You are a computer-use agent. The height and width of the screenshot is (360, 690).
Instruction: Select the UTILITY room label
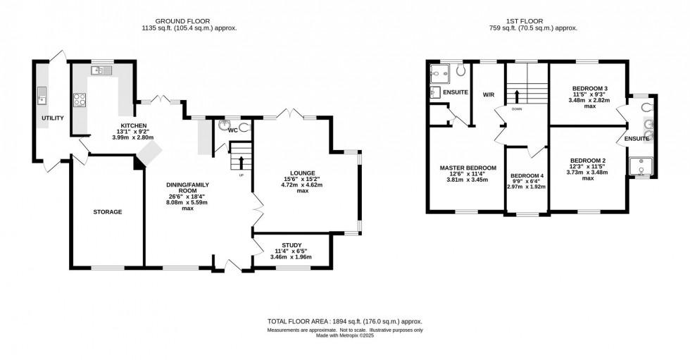click(52, 118)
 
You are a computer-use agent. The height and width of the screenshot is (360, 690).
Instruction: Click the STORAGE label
click(108, 211)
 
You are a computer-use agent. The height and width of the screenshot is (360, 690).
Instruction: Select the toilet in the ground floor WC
click(243, 128)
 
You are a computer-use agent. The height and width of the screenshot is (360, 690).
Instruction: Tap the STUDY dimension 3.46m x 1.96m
click(290, 257)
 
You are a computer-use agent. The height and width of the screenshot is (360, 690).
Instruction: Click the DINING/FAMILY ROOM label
click(187, 188)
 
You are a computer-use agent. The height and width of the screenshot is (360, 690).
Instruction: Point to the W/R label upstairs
click(488, 94)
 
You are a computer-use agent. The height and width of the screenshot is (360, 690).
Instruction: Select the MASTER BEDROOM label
click(468, 168)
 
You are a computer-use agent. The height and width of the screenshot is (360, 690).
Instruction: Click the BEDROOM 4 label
click(527, 175)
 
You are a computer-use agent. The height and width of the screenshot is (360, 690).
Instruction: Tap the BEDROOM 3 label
click(589, 89)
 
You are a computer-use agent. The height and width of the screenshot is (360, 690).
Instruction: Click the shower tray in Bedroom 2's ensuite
click(642, 165)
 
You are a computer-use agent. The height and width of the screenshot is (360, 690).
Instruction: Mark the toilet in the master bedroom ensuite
click(460, 70)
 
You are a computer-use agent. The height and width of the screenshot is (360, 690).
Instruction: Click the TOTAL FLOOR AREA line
click(344, 321)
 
